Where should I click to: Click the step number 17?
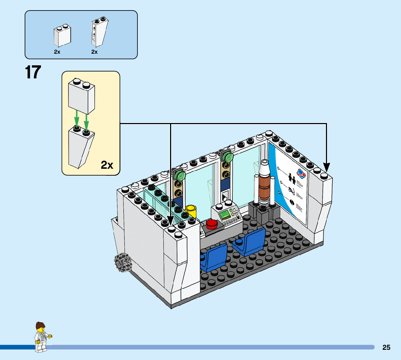33,72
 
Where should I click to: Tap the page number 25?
386,347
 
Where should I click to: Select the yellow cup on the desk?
191,211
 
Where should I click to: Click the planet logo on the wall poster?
301,173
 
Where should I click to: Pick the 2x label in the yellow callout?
107,165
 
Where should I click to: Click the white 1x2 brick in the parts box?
62,36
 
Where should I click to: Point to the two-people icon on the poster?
292,178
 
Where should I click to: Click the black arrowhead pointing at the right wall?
326,168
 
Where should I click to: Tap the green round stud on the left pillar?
180,176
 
